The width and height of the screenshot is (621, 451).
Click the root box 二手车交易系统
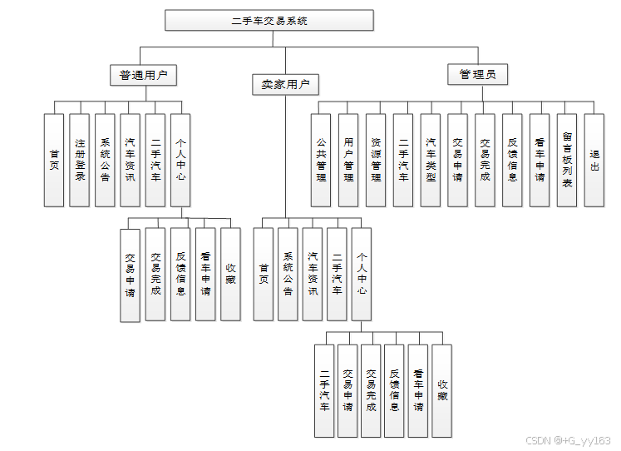[269, 20]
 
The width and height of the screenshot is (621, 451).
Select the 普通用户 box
[143, 75]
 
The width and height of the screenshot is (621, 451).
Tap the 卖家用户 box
[285, 84]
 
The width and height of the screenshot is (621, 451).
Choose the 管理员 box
[477, 75]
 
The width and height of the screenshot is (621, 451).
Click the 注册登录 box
[80, 160]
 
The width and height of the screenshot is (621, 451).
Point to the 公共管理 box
[321, 160]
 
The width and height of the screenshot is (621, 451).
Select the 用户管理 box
[348, 160]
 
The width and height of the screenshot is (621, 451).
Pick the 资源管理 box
[376, 160]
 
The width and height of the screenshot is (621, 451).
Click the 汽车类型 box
[430, 160]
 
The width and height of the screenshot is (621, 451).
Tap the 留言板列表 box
[567, 160]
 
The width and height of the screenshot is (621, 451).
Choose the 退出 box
[594, 160]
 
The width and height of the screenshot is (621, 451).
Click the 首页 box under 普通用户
[55, 160]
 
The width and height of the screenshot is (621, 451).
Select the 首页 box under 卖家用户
[264, 274]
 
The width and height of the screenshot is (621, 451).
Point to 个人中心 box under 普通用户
[180, 160]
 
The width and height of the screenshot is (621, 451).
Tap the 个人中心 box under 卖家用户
[362, 274]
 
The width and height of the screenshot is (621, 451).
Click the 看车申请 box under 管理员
[540, 160]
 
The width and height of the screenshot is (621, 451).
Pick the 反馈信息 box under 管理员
[512, 160]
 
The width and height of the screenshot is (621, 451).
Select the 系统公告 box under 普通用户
[105, 160]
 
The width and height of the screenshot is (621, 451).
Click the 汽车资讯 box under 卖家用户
[313, 274]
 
